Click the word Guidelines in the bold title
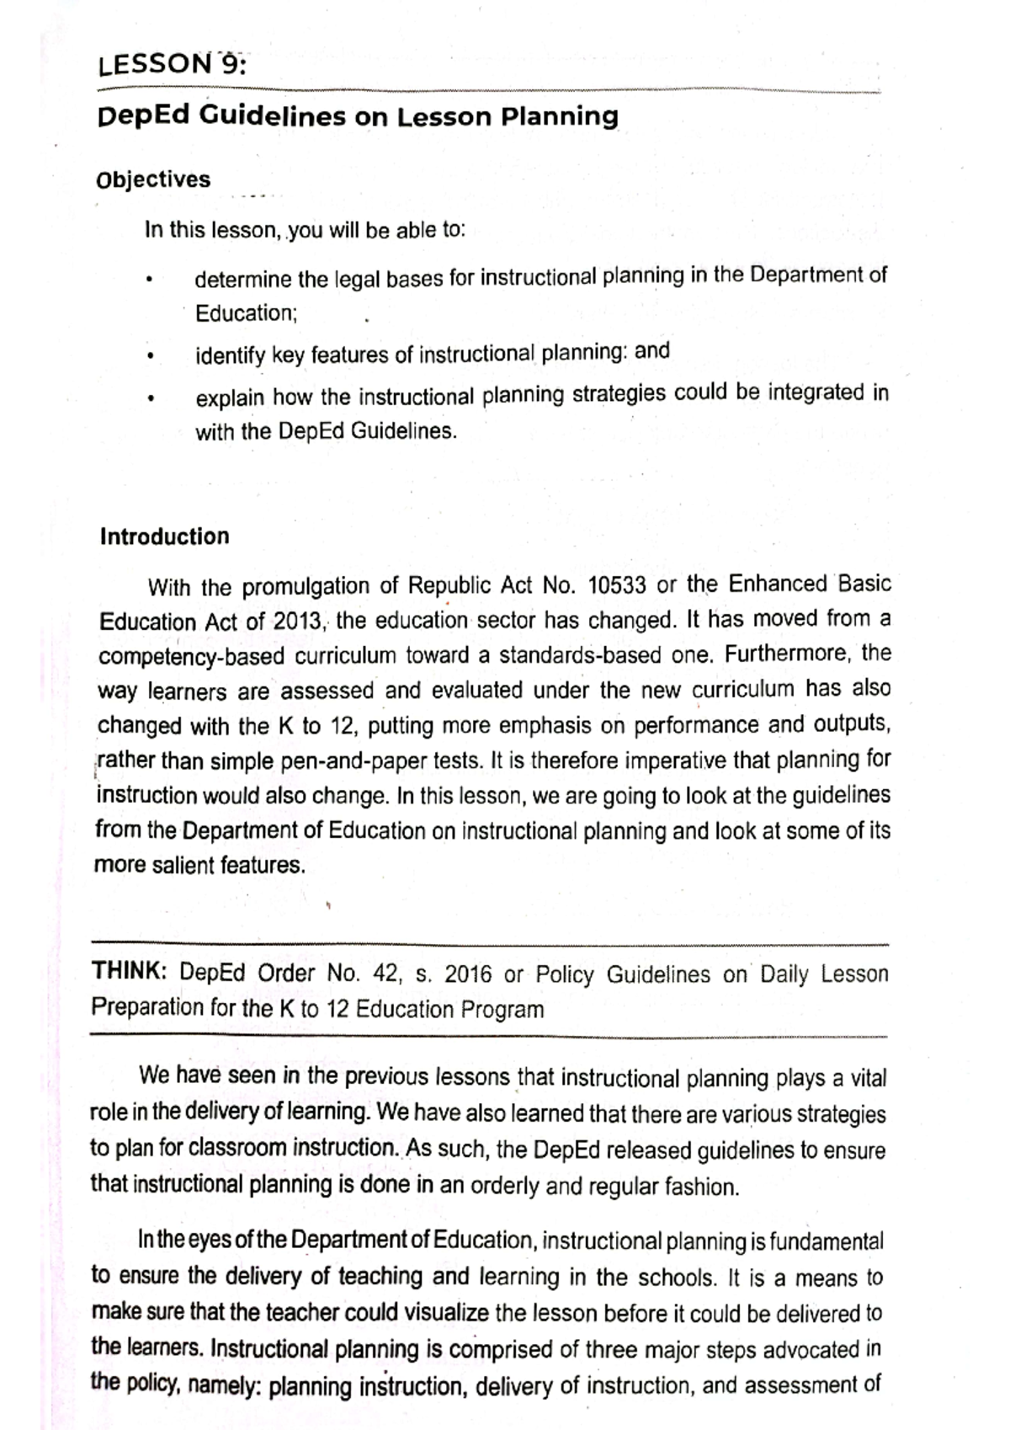[272, 115]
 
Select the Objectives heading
[153, 179]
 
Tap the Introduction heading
[164, 536]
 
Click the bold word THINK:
[130, 971]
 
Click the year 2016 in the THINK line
[468, 974]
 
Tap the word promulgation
[306, 586]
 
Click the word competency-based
[179, 657]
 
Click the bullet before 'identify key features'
[148, 357]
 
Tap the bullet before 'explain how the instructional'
[148, 398]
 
